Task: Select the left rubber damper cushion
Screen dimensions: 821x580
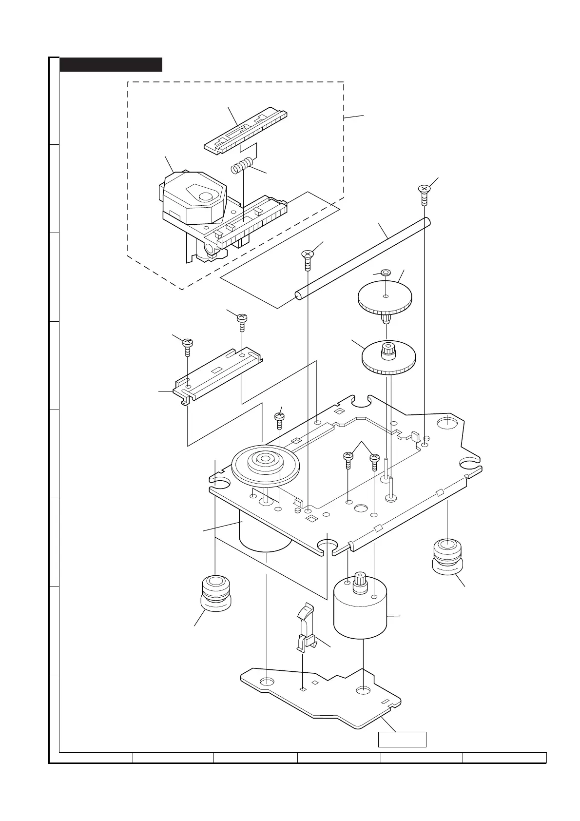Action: click(x=215, y=591)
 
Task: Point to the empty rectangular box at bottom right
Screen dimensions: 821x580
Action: click(x=402, y=739)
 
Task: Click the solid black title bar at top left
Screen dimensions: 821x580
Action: click(x=111, y=64)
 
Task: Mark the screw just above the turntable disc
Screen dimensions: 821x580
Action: click(x=279, y=418)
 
